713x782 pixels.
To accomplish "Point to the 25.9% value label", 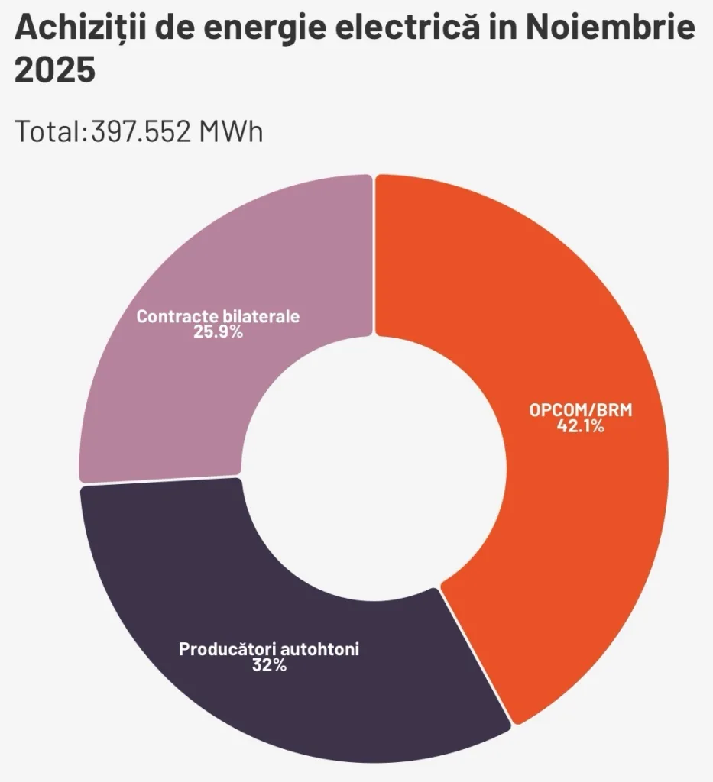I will pos(219,333).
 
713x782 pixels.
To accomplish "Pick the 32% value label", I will pos(268,666).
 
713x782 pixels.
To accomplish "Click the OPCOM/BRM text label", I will pos(581,411).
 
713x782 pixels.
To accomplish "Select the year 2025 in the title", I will pos(55,72).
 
